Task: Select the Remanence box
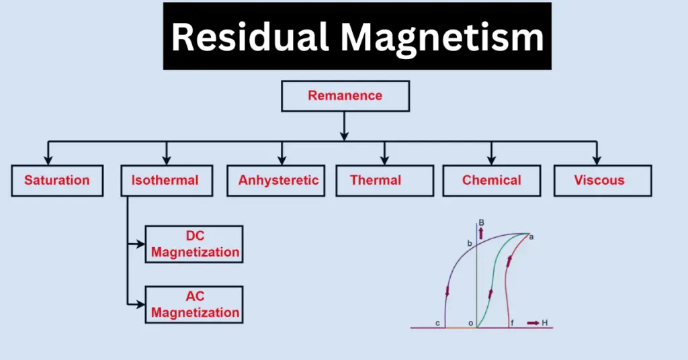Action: coord(345,95)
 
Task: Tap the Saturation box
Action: coord(57,180)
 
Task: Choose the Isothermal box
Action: coord(165,180)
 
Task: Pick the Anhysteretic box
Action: coord(278,180)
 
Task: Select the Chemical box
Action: coord(491,180)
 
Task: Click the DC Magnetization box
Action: coord(194,244)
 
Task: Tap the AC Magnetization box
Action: coord(194,305)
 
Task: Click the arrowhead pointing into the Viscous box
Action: coord(594,159)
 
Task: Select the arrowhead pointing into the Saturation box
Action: coord(48,159)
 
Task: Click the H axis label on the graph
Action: coord(544,323)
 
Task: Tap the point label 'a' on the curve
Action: coord(531,237)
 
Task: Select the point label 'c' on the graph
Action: coord(437,323)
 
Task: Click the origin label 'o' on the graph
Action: coord(470,323)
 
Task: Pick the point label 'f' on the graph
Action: coord(513,323)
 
